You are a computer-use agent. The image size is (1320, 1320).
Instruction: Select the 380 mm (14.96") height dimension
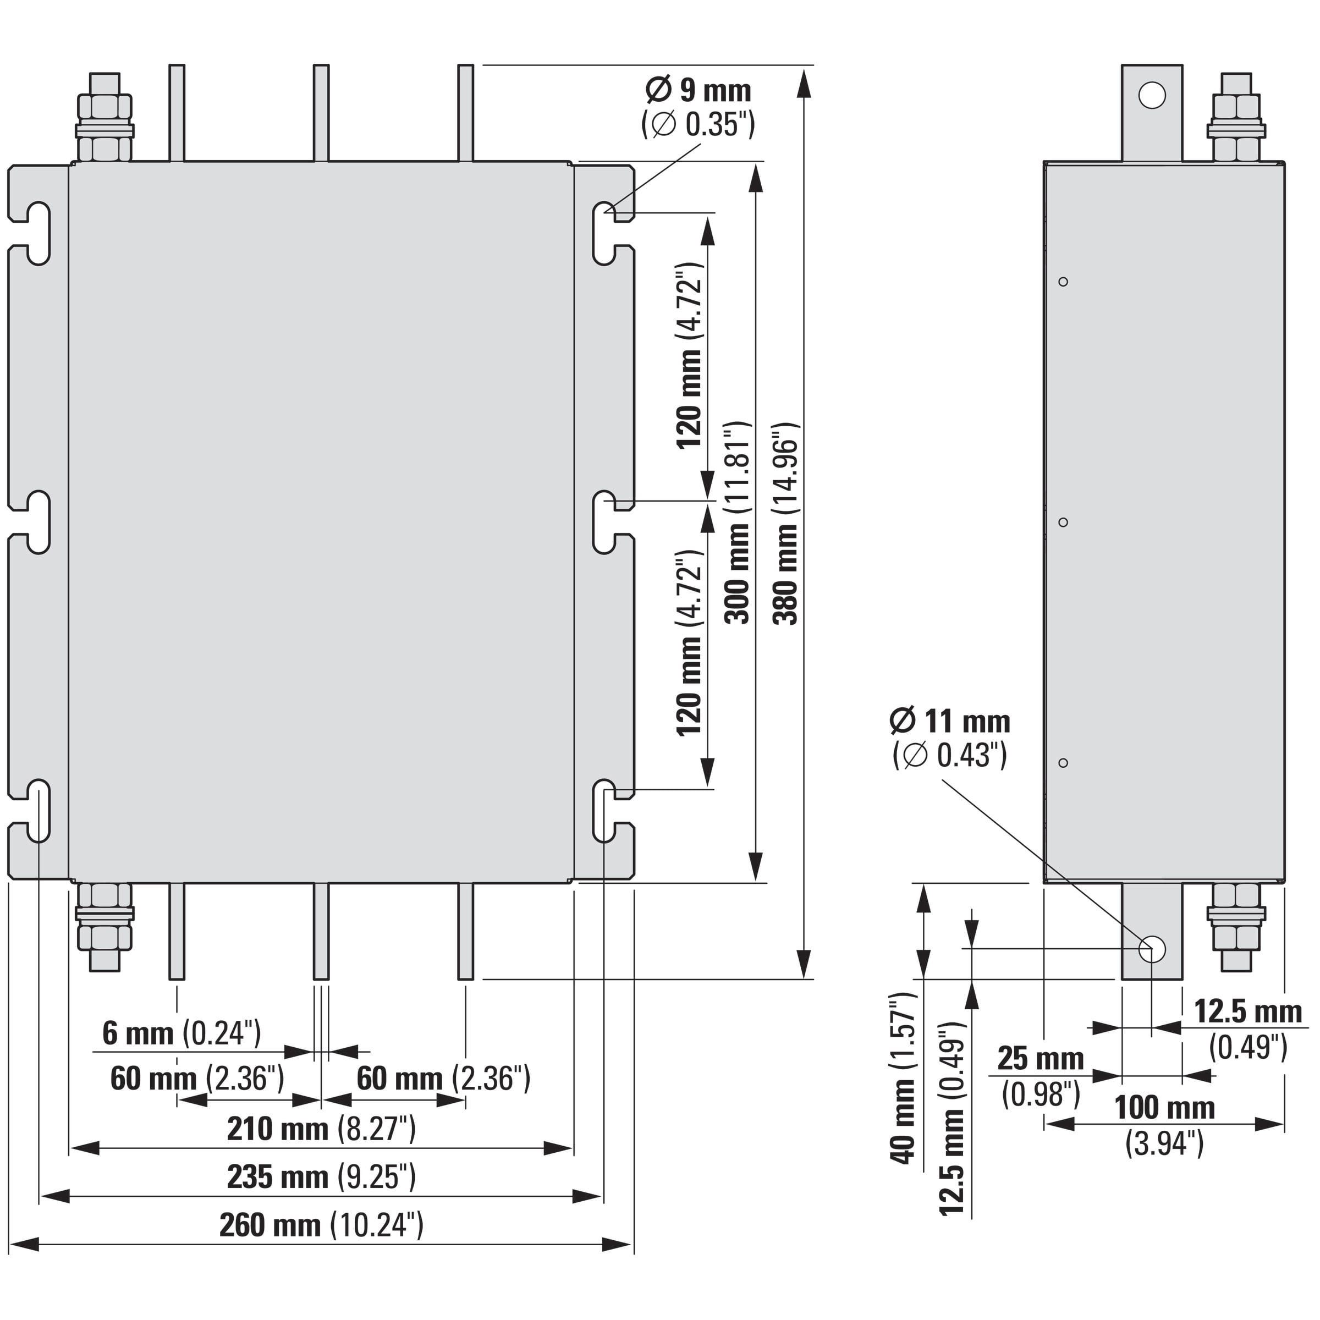(786, 524)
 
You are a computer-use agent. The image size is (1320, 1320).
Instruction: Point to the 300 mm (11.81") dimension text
(738, 522)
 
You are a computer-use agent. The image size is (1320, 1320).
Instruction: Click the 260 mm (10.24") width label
(321, 1225)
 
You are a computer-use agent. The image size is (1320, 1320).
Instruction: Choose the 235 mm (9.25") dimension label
(321, 1177)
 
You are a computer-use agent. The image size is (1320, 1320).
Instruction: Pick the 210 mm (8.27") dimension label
(321, 1129)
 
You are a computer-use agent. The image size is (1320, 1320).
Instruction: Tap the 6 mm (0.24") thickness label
(182, 1033)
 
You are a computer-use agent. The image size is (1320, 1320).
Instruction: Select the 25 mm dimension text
(1041, 1058)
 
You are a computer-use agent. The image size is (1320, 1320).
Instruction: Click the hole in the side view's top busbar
(1152, 95)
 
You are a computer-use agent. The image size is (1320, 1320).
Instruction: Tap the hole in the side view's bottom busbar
(1152, 949)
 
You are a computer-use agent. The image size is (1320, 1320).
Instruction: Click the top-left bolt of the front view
(105, 116)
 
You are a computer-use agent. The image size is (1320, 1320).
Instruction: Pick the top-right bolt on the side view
(1236, 116)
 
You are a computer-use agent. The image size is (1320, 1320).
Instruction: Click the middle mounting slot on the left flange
(38, 522)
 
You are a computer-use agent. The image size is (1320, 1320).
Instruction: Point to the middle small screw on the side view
(1063, 522)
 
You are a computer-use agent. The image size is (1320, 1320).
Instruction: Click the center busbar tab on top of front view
(321, 113)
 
